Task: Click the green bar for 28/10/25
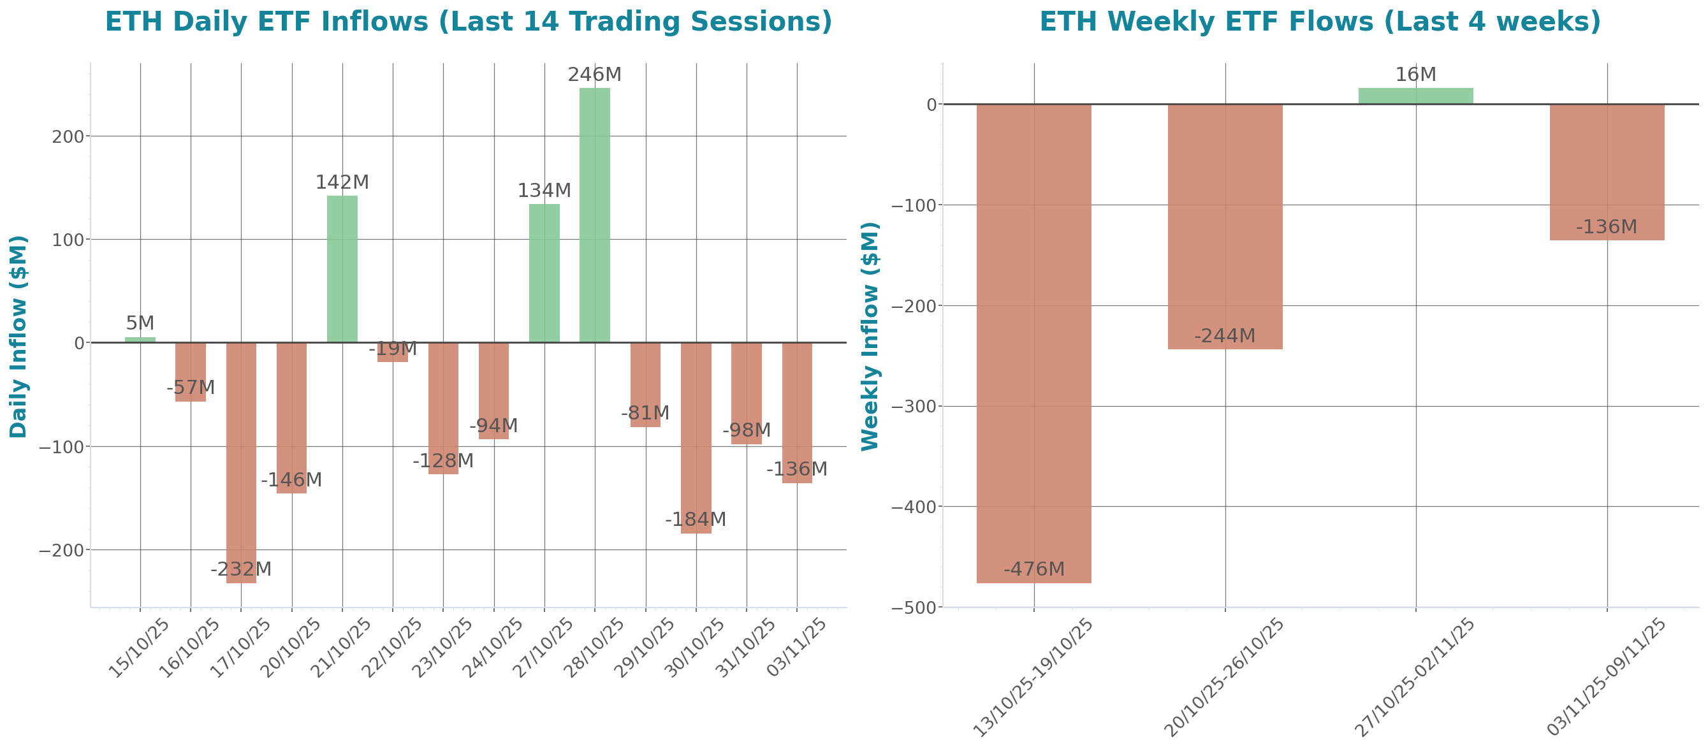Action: click(594, 215)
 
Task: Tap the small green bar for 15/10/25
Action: click(140, 339)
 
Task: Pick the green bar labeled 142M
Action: click(342, 268)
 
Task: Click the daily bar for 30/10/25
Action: click(696, 437)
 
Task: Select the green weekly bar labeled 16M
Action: click(1415, 96)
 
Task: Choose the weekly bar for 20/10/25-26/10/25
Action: click(1225, 226)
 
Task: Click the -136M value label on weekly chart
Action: click(1607, 228)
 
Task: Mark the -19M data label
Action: click(393, 349)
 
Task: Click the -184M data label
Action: click(696, 519)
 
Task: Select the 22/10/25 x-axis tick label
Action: click(393, 647)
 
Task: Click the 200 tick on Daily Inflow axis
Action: click(68, 136)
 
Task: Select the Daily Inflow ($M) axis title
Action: click(18, 336)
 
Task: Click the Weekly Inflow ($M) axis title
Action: click(870, 336)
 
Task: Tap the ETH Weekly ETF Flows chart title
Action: click(1320, 21)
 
